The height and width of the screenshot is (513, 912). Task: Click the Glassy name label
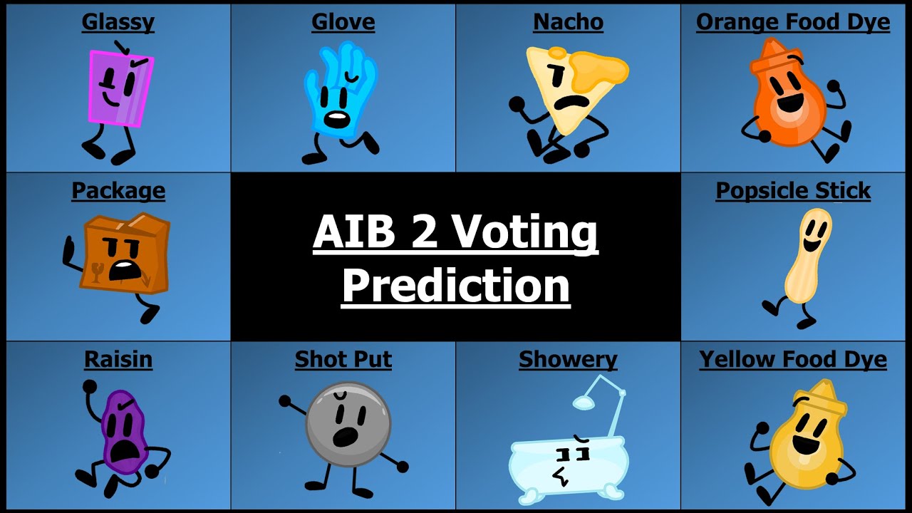(118, 23)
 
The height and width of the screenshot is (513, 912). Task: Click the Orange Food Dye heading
(792, 23)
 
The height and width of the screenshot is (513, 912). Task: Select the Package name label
(118, 191)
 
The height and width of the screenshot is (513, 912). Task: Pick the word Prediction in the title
(456, 285)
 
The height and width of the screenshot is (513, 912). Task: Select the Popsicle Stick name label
(793, 191)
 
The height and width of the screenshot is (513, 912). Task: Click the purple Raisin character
(123, 431)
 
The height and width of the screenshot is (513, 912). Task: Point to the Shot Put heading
(343, 360)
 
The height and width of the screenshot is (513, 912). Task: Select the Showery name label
(568, 360)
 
